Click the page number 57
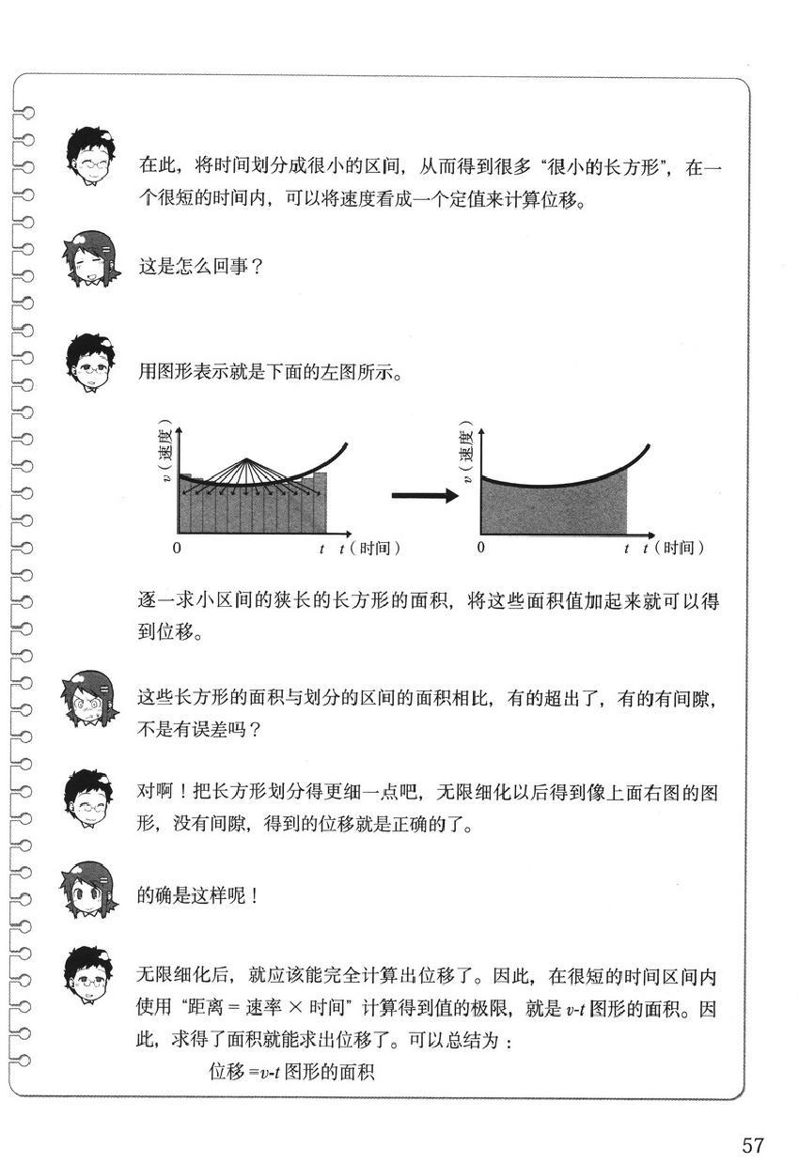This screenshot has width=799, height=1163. click(x=753, y=1145)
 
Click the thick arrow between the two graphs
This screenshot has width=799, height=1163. click(x=424, y=496)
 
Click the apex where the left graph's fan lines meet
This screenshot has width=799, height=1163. click(x=246, y=458)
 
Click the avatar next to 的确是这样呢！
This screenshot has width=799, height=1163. click(x=91, y=890)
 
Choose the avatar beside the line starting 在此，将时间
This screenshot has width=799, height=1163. click(x=91, y=158)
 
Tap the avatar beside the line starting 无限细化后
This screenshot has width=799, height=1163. click(x=91, y=978)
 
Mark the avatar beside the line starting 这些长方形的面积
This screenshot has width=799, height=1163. click(x=91, y=703)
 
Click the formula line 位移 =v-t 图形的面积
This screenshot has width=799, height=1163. click(x=291, y=1071)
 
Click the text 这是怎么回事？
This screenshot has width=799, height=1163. click(x=200, y=267)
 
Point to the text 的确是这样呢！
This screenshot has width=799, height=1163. click(x=197, y=895)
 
